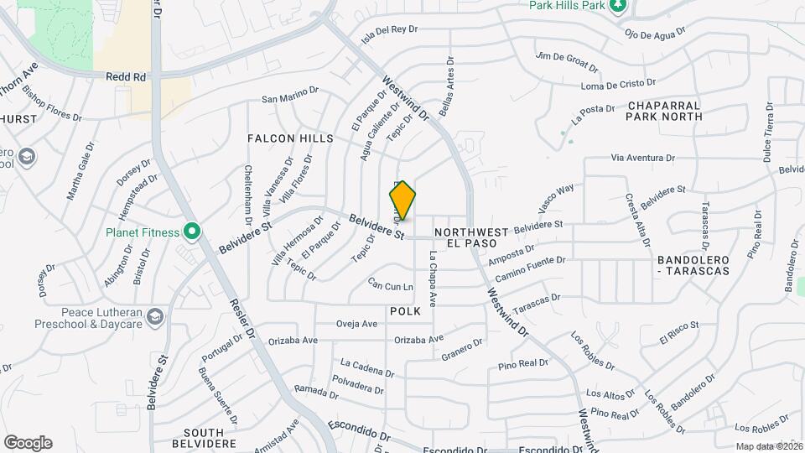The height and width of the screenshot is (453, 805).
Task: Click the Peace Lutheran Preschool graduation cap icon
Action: pyautogui.click(x=154, y=316)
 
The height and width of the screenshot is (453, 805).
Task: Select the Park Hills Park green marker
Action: pyautogui.click(x=618, y=7)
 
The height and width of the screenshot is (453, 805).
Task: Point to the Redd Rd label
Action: pyautogui.click(x=126, y=76)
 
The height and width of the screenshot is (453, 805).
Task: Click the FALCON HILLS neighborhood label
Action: pyautogui.click(x=290, y=138)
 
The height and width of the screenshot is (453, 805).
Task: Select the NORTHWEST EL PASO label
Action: pyautogui.click(x=471, y=237)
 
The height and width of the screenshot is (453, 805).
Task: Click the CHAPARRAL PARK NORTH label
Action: pyautogui.click(x=664, y=111)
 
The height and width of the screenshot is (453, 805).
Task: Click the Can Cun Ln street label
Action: pyautogui.click(x=391, y=287)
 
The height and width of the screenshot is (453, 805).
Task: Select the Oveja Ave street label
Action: pyautogui.click(x=359, y=323)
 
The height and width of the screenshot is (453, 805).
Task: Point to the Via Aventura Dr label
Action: pyautogui.click(x=643, y=157)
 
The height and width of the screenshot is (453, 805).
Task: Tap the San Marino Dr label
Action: pyautogui.click(x=290, y=98)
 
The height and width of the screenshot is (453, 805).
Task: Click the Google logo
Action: pyautogui.click(x=28, y=442)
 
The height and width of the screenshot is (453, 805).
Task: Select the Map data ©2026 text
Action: pyautogui.click(x=768, y=447)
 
